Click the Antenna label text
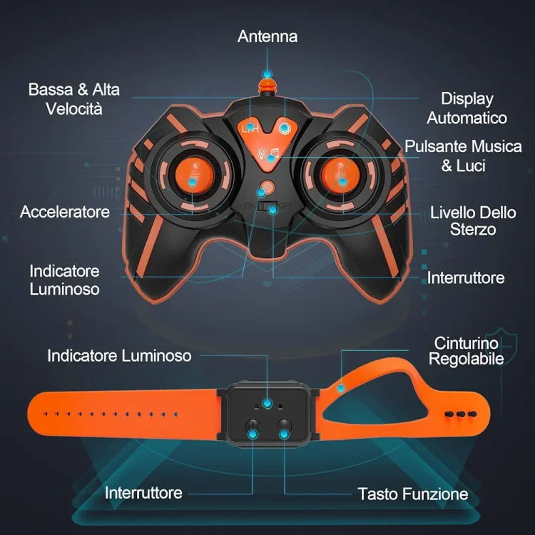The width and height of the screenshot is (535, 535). [x=267, y=36]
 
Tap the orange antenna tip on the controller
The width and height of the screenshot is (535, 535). [x=267, y=86]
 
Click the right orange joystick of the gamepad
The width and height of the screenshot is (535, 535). [x=340, y=175]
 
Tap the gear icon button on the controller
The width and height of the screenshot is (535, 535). [x=284, y=128]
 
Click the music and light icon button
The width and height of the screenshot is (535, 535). [x=268, y=154]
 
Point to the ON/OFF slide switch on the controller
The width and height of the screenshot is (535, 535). [x=267, y=206]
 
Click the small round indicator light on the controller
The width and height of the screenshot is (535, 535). [x=267, y=188]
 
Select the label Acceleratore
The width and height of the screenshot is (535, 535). [x=65, y=212]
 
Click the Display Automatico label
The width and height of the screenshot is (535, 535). [x=467, y=108]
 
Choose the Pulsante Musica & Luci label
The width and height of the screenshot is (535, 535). [x=463, y=156]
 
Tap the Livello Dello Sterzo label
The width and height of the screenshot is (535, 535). [x=473, y=220]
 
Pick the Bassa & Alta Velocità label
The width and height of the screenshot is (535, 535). [x=74, y=99]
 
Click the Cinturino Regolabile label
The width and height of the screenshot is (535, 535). [x=467, y=351]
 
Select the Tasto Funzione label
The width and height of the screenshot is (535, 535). [x=413, y=494]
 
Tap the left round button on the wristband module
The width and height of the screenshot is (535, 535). [x=253, y=427]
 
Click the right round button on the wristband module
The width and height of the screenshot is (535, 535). [x=284, y=427]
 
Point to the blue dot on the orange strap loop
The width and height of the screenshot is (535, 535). [x=340, y=388]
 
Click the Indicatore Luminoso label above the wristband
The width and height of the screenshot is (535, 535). [x=119, y=356]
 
